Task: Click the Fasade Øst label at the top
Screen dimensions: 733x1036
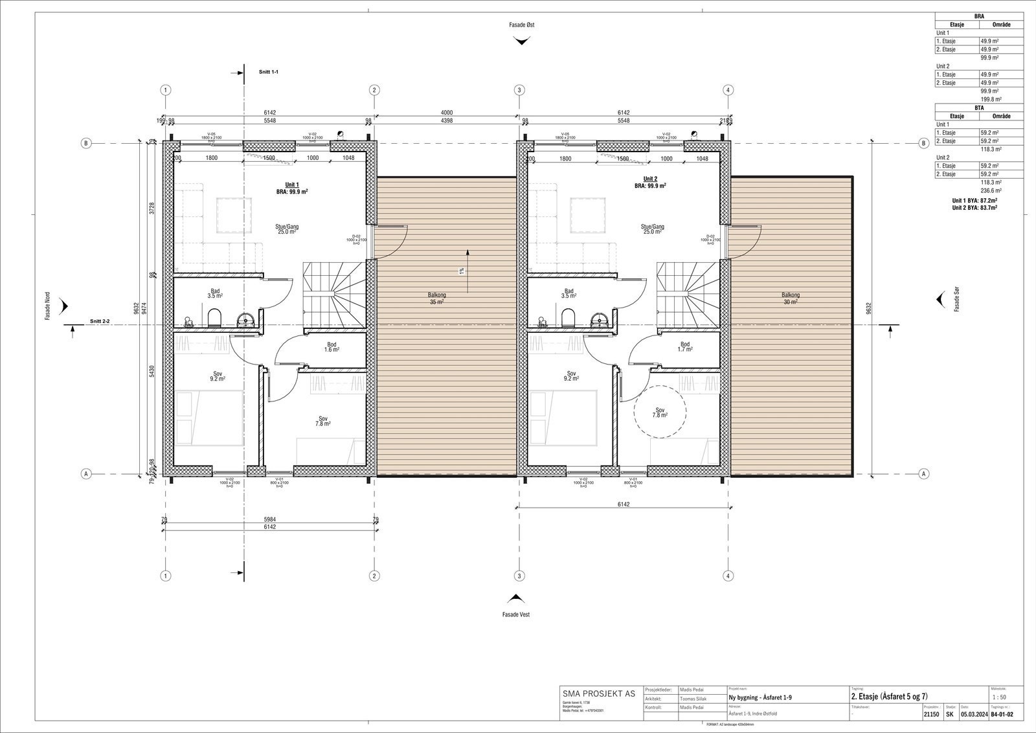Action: (x=521, y=25)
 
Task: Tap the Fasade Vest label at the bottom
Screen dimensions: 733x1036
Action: (x=515, y=614)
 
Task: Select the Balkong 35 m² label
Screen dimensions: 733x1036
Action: (x=436, y=299)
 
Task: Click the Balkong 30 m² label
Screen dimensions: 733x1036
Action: (x=790, y=299)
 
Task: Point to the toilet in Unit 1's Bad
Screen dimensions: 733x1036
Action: (x=215, y=317)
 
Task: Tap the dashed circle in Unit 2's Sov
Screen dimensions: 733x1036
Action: (x=660, y=412)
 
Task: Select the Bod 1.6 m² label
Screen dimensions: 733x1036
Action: (x=332, y=347)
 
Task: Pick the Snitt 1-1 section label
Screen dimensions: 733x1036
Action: (x=268, y=72)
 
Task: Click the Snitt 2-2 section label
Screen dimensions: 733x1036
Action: (x=100, y=321)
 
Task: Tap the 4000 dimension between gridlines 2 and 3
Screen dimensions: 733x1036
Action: (x=447, y=113)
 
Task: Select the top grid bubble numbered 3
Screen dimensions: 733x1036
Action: (x=519, y=90)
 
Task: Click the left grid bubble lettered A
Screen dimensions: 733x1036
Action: (x=85, y=473)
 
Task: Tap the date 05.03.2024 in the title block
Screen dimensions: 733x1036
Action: (x=973, y=715)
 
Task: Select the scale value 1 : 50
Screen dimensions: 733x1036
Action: (x=999, y=697)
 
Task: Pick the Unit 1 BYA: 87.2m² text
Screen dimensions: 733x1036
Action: (x=974, y=201)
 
